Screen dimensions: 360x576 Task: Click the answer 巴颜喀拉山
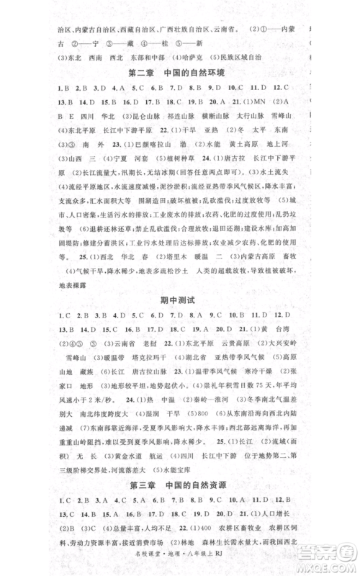125,162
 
